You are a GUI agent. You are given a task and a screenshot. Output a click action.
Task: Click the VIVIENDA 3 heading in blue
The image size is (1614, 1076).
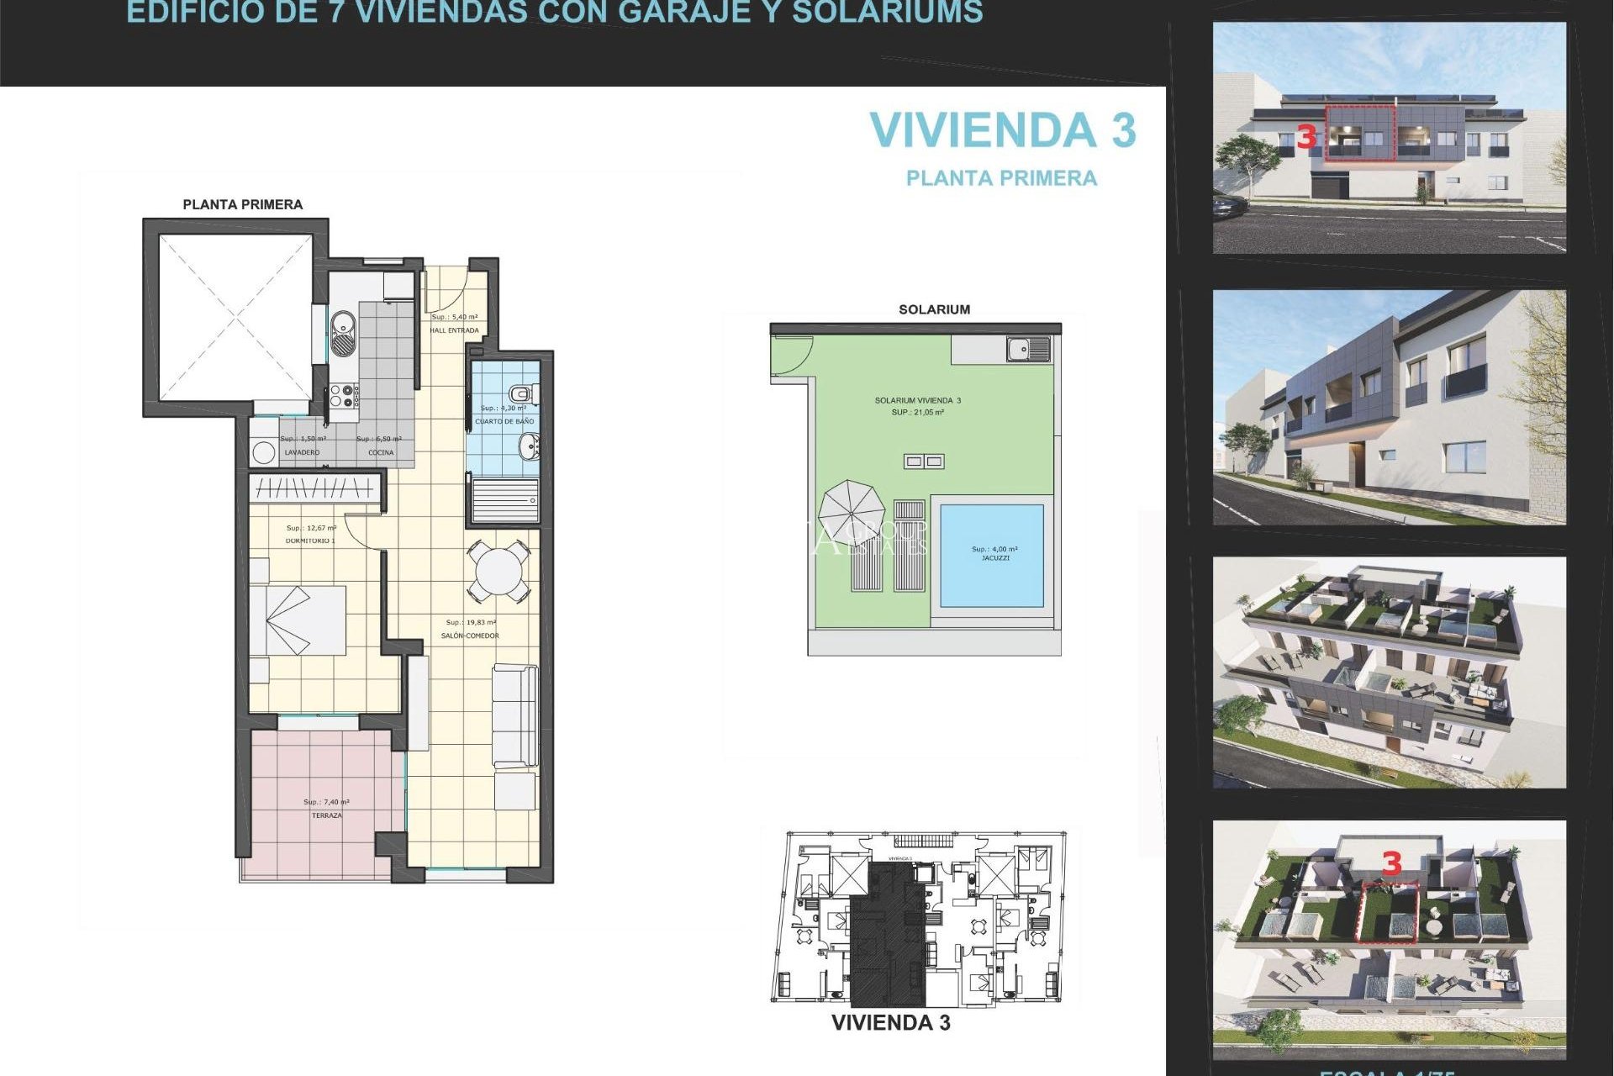coord(1002,131)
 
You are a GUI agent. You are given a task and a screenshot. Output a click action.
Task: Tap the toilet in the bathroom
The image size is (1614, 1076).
coord(522,393)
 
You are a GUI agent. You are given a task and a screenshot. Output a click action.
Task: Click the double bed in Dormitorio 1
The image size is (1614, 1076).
coord(299,620)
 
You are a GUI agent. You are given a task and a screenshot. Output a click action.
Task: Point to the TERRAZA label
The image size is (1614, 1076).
coord(327,815)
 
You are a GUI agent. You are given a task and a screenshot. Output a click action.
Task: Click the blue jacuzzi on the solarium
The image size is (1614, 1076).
coord(992,556)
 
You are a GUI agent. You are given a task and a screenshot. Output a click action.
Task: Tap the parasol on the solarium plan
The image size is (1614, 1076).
coord(852,513)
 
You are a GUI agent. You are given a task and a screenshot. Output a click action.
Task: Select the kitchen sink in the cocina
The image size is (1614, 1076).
coord(343,332)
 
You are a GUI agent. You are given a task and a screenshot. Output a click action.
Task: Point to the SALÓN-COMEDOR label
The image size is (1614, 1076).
coord(470,636)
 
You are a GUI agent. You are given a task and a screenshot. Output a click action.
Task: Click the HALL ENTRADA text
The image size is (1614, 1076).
coord(454,330)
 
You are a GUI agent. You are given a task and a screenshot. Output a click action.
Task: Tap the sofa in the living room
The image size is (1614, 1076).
coord(514,715)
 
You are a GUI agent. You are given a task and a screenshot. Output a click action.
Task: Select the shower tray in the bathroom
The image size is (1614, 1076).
coord(504,500)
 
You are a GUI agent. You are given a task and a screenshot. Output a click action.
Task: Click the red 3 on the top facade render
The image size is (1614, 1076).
coord(1305,137)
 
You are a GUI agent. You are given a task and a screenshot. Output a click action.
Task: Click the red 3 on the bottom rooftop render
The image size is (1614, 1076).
coord(1392,863)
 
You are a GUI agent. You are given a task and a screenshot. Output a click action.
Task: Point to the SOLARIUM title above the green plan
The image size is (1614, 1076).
coord(934,309)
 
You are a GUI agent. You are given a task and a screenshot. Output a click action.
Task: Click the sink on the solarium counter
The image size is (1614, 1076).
coord(1027,348)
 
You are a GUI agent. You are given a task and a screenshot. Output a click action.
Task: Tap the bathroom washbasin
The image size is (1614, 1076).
coord(529,447)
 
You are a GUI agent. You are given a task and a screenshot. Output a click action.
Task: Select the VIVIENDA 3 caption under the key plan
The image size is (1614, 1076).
coord(890,1023)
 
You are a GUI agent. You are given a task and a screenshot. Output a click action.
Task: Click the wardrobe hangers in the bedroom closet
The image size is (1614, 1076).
coord(314,488)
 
